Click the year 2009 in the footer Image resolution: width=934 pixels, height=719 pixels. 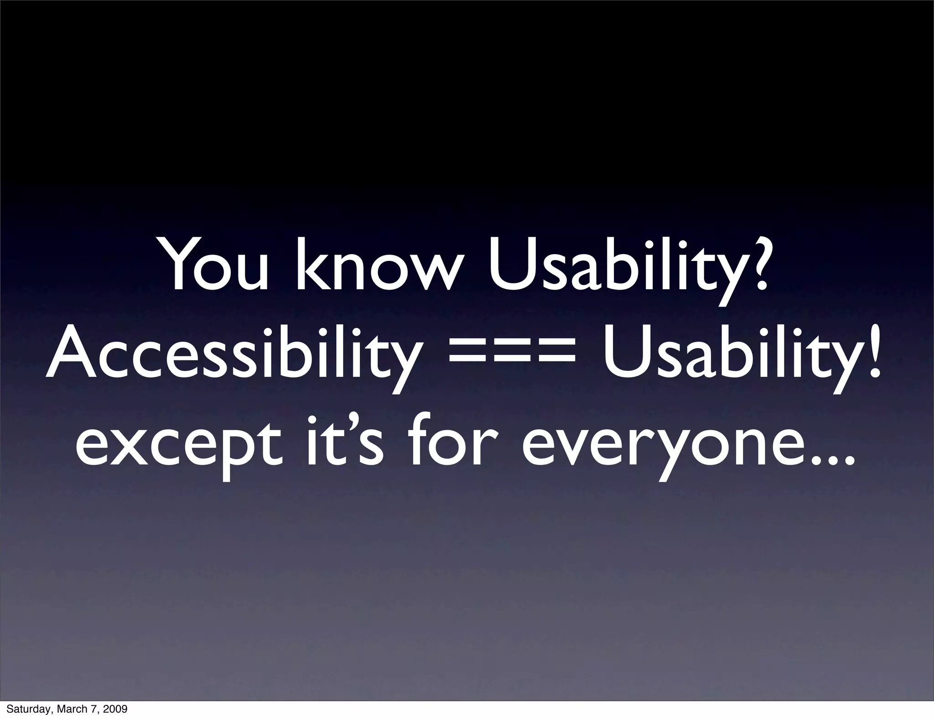click(x=116, y=709)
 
